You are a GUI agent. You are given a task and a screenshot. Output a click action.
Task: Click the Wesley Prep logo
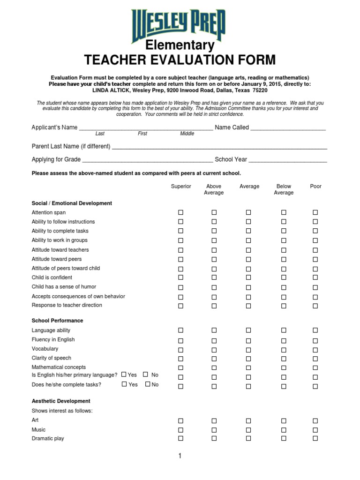[180, 24]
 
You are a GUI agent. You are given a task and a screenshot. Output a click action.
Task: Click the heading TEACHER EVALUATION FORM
[180, 60]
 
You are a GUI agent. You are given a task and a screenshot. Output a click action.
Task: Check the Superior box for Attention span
[181, 212]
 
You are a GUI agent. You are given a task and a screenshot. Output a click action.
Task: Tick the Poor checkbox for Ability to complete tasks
[315, 231]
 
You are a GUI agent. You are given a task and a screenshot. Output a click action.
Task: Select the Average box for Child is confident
[248, 278]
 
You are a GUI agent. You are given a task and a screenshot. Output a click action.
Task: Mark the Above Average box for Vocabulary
[214, 349]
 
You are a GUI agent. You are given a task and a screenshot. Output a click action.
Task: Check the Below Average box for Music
[284, 430]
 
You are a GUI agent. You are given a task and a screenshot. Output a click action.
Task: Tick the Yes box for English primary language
[124, 375]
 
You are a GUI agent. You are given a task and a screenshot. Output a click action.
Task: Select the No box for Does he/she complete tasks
[148, 384]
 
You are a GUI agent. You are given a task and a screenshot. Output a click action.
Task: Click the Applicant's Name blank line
[146, 128]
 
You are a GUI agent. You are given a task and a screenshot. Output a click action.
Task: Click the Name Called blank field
[288, 128]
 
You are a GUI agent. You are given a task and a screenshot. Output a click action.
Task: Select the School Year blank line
[287, 160]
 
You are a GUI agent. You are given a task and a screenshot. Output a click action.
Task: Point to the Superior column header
[181, 187]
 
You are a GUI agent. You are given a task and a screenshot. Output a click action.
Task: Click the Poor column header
[315, 187]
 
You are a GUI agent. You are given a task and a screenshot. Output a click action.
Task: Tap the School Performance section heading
[57, 321]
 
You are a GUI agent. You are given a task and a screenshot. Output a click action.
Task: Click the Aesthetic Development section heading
[61, 401]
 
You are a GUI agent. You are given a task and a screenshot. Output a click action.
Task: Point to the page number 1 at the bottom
[180, 456]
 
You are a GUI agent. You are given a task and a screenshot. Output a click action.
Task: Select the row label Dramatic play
[48, 439]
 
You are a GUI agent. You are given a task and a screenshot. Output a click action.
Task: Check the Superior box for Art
[181, 420]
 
